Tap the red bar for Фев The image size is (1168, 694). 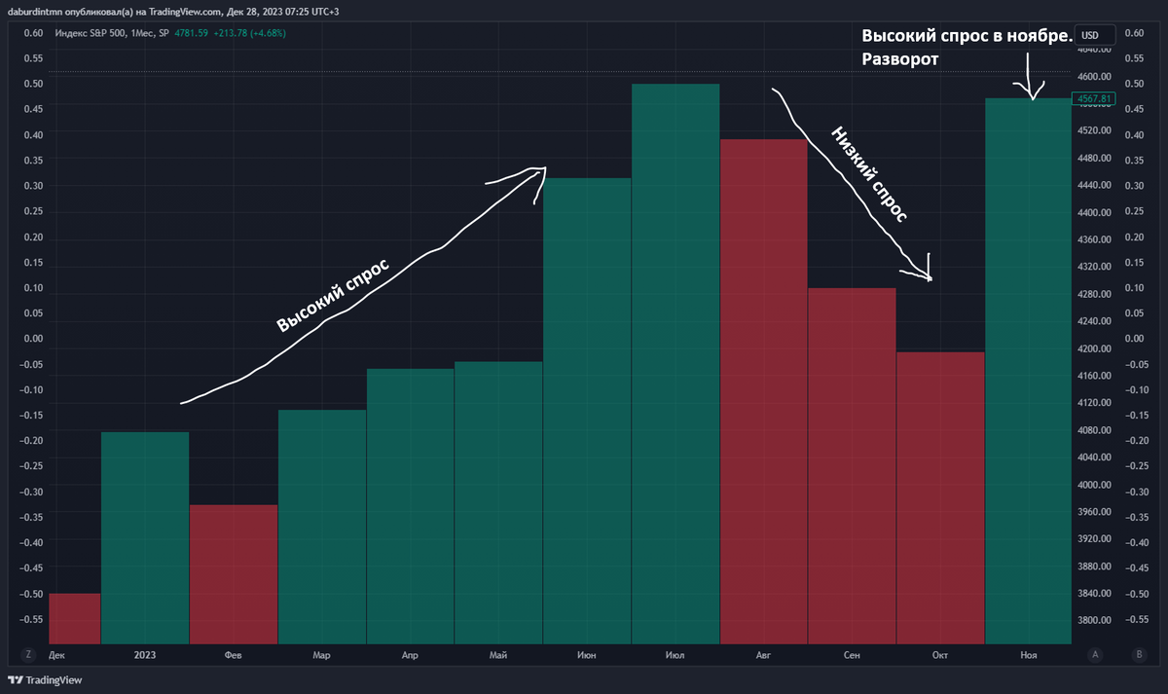click(234, 573)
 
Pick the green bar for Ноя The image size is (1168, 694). click(1029, 371)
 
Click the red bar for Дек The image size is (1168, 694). click(75, 618)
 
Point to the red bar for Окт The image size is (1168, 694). click(940, 497)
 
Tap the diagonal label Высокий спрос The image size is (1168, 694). click(333, 295)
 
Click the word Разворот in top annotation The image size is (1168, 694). click(899, 59)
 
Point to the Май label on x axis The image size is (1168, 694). click(498, 656)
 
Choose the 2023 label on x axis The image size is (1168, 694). click(145, 656)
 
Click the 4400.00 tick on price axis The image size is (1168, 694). click(1096, 212)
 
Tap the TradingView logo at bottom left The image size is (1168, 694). click(46, 679)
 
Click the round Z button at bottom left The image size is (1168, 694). click(29, 655)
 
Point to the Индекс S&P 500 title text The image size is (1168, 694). click(91, 33)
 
